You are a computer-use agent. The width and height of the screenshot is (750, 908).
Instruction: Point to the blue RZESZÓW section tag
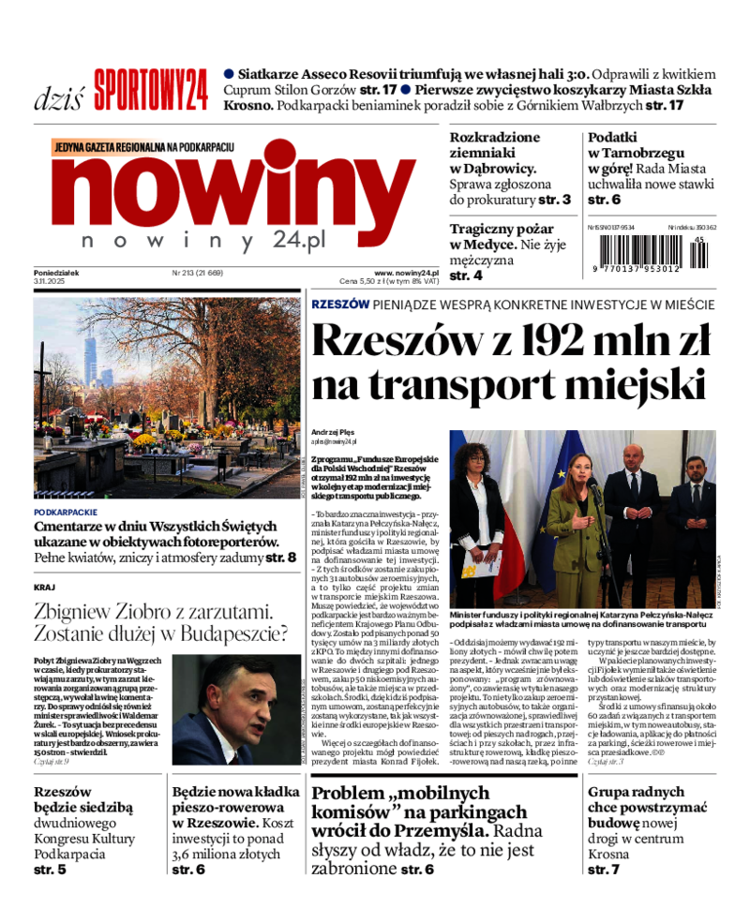339,305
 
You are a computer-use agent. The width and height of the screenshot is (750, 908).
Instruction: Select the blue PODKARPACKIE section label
66,513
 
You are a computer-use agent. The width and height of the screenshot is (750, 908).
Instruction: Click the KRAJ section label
44,587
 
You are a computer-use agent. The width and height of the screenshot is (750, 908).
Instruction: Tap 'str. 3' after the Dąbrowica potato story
554,200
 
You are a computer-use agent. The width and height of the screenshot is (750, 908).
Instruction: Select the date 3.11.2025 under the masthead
47,281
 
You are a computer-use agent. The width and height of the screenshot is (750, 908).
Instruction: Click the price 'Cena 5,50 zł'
362,281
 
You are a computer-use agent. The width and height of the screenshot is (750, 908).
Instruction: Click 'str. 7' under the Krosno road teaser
604,870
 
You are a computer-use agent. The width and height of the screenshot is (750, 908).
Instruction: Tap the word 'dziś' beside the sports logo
58,97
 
